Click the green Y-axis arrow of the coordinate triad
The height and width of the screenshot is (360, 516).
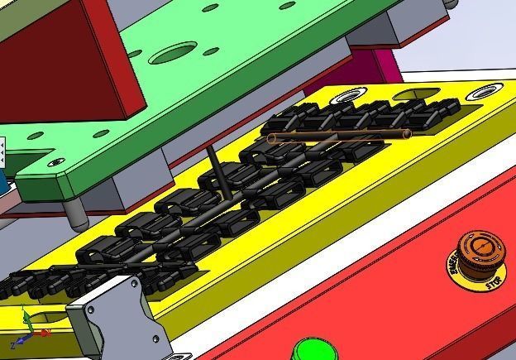tap(27, 317)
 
